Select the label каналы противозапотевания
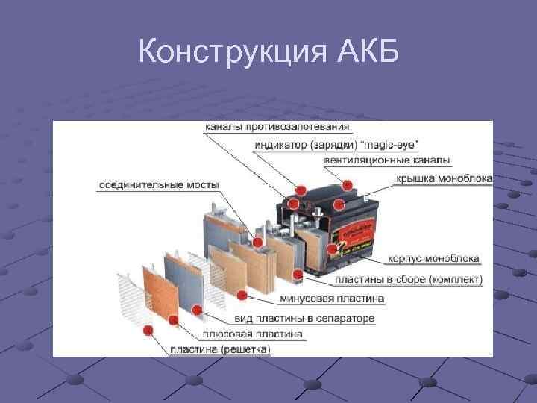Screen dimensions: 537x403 (266, 128)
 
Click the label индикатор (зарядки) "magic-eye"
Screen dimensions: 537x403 (336, 144)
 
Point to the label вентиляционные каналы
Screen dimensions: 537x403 (387, 160)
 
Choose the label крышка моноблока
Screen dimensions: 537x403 (445, 178)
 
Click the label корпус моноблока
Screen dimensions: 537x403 (434, 260)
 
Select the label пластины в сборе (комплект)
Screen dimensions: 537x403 (409, 280)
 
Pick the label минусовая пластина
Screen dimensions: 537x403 (332, 299)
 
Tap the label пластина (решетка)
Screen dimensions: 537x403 (220, 349)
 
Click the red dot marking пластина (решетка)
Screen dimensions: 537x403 (148, 330)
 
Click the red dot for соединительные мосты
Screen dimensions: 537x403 (257, 242)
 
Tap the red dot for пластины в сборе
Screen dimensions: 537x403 (298, 275)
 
